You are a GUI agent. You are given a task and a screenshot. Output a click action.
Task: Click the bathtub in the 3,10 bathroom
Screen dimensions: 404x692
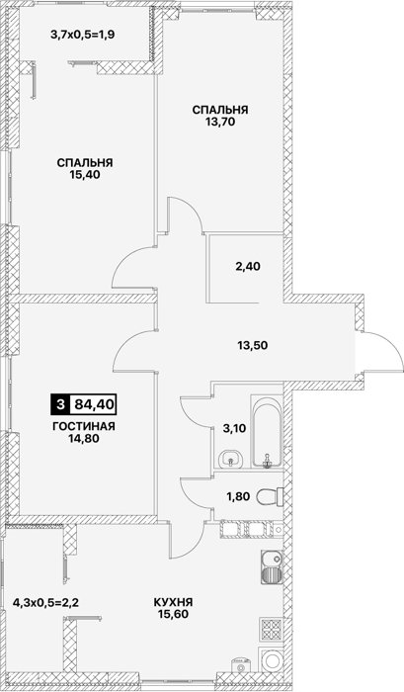pos(267,432)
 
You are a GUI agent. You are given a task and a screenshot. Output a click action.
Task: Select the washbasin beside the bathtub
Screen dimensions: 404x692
pos(230,458)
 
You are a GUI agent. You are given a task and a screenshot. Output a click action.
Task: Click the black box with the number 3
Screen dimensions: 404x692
pos(60,403)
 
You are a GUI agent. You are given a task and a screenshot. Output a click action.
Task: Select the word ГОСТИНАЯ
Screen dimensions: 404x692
pos(84,427)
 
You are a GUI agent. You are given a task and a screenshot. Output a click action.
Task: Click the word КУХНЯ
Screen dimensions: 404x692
pos(173,602)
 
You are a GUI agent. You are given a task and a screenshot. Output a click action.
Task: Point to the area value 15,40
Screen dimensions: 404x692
pos(85,175)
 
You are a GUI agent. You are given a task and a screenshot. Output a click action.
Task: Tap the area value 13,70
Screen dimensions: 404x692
pos(219,122)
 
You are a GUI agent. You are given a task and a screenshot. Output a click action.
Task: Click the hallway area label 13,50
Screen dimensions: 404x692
pos(251,345)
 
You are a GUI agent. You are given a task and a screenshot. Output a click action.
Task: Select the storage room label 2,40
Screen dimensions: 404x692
pos(247,266)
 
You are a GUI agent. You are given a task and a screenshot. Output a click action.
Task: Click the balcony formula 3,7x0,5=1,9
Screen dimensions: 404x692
pos(83,34)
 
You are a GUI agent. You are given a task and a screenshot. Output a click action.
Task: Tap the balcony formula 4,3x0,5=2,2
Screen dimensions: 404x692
pos(46,601)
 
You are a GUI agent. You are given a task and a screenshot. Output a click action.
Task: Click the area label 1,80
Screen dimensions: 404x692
pos(239,496)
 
